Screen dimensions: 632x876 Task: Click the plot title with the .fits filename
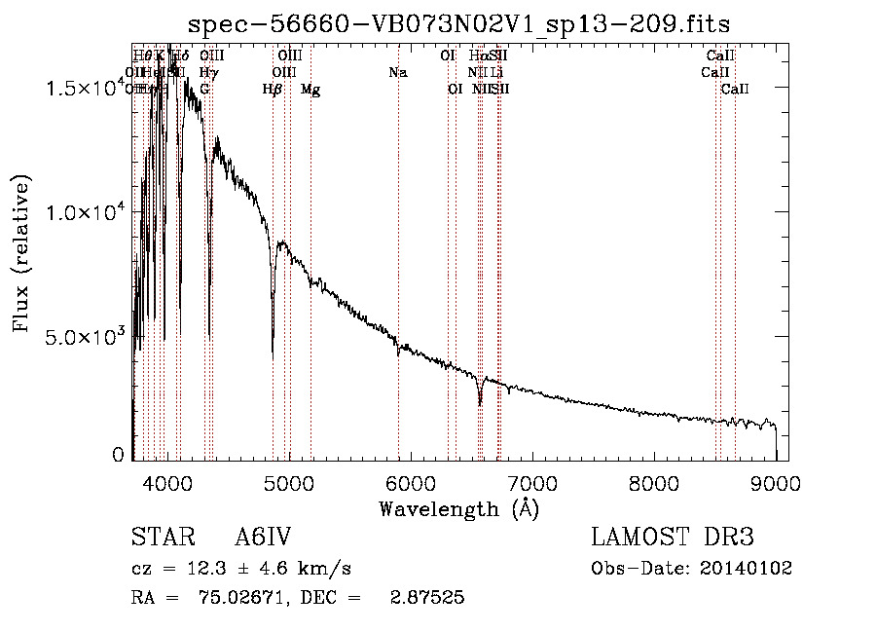click(x=459, y=23)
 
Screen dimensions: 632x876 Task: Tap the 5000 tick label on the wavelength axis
click(x=289, y=484)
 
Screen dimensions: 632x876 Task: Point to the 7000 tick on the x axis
click(x=532, y=484)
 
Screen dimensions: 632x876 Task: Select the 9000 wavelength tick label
click(x=776, y=484)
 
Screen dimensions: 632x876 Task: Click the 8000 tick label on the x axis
click(x=654, y=484)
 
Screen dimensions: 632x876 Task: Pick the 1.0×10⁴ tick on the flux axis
click(x=86, y=212)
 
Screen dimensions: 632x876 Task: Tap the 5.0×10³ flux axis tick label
click(x=86, y=337)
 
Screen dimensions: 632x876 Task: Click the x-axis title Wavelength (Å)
click(x=458, y=508)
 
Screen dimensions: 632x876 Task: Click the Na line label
click(x=397, y=73)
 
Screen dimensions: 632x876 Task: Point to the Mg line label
click(x=310, y=90)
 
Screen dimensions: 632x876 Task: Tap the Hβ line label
click(x=273, y=90)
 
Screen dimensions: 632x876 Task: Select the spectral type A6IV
click(x=263, y=539)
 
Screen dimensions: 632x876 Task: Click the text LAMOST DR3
click(x=673, y=539)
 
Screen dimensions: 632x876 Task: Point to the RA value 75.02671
click(x=248, y=598)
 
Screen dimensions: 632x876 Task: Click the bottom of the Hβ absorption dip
click(x=273, y=336)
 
